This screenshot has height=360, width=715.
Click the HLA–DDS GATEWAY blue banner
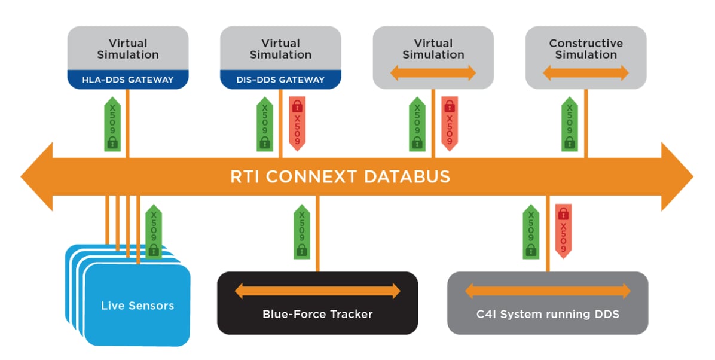128,80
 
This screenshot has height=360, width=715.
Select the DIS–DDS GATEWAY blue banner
280,80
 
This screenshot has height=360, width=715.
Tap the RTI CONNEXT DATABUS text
340,177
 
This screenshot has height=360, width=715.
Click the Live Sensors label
137,306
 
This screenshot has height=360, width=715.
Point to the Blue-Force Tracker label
317,314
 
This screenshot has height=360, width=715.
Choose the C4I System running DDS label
548,314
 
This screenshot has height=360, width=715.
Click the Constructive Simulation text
586,49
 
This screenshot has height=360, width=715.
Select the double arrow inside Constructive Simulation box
586,73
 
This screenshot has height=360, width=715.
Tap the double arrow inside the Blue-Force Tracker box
317,292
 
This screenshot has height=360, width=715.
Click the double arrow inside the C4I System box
548,292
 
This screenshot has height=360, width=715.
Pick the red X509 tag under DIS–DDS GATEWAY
297,123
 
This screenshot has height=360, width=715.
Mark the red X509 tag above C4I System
563,231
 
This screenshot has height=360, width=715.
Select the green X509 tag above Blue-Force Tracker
302,231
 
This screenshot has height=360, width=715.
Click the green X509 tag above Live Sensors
154,231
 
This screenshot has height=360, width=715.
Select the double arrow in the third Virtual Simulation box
433,73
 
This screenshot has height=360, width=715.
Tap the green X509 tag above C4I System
531,231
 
